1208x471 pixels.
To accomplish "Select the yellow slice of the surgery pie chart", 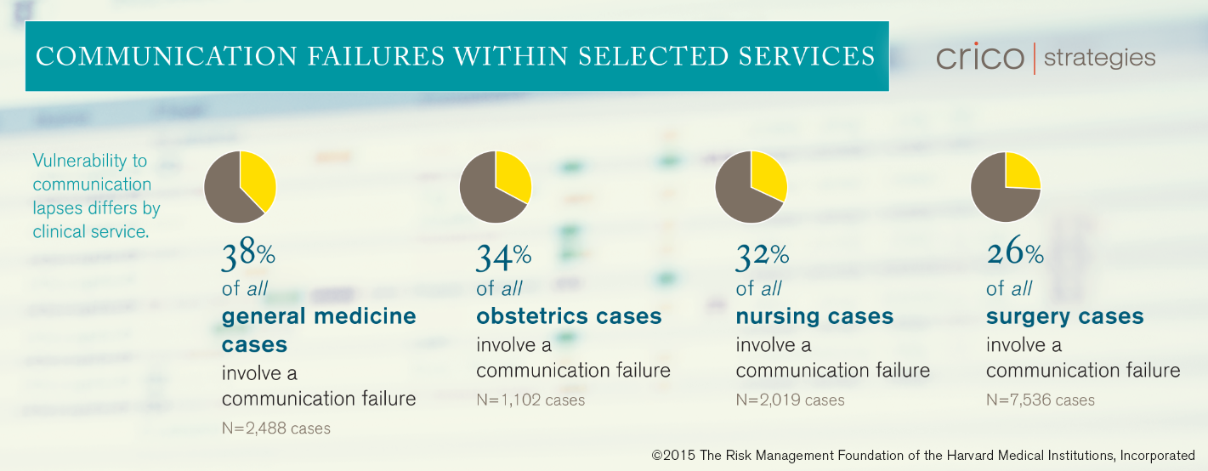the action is (1020, 172).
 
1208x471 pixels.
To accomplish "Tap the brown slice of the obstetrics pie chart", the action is (485, 194).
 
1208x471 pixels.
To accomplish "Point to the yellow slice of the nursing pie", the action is (768, 173).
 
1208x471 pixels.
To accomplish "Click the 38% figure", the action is (248, 254).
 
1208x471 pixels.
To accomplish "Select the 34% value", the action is (503, 256).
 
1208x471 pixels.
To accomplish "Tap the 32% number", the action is (762, 256).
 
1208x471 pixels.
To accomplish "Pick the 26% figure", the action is (1015, 252).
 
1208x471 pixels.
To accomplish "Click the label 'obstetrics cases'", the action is (569, 316).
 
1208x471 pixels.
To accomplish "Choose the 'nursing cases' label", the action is (814, 317).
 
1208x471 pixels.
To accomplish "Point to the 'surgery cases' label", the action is (1064, 317).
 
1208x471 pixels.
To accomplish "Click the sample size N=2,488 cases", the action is (275, 428).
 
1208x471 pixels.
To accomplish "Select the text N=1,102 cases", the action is (530, 400).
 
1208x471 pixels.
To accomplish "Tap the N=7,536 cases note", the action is (1041, 400).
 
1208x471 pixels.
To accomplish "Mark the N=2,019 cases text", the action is (790, 400).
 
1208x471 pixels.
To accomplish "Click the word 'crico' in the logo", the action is (980, 57).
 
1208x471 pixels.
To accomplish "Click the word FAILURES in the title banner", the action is (376, 57).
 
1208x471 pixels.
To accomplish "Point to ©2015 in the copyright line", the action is (673, 456).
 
